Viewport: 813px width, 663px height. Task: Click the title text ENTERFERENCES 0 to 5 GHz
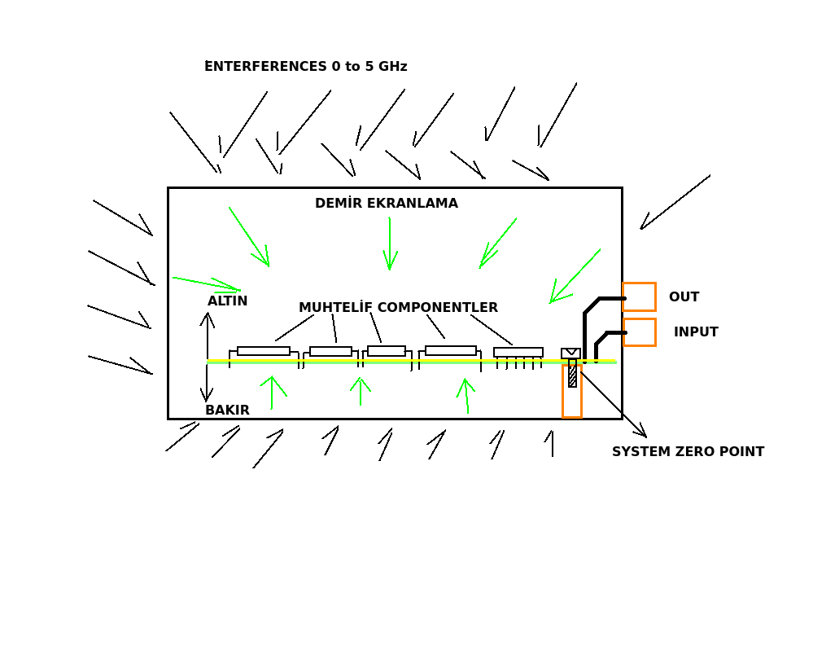(x=305, y=67)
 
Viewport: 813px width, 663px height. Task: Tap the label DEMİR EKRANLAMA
(x=387, y=204)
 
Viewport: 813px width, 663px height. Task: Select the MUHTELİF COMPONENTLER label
(x=398, y=308)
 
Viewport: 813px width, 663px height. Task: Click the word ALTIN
(x=227, y=301)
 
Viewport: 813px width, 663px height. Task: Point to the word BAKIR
(x=227, y=411)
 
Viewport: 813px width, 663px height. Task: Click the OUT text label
(x=684, y=297)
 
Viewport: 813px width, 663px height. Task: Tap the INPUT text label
(x=696, y=332)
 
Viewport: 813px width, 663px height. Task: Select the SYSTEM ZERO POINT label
(x=688, y=452)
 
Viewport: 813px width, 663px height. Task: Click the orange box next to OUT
(x=639, y=296)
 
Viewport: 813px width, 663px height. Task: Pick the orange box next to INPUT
(x=640, y=332)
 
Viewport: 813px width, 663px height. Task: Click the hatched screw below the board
(x=572, y=374)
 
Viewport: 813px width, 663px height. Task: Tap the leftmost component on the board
(x=263, y=351)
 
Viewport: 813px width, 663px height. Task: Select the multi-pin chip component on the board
(x=518, y=353)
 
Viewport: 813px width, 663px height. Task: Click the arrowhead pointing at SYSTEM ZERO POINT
(x=641, y=432)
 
